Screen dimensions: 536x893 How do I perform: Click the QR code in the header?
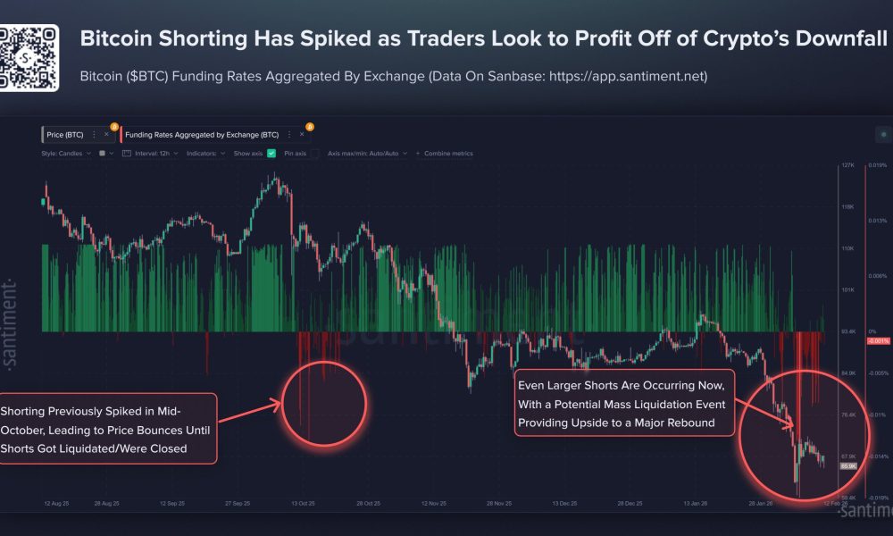tap(29, 58)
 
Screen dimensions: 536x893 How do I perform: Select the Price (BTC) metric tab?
tap(65, 135)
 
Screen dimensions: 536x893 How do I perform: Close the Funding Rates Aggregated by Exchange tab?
tap(296, 135)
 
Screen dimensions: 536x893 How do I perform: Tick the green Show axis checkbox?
tap(271, 154)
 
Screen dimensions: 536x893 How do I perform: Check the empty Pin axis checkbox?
tap(313, 154)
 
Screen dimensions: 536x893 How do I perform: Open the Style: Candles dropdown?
tap(64, 154)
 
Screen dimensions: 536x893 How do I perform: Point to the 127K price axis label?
tap(847, 166)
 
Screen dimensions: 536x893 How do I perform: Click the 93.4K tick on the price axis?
tap(847, 331)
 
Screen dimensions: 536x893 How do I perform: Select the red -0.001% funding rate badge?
tap(877, 341)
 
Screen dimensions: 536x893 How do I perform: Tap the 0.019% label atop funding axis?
tap(877, 166)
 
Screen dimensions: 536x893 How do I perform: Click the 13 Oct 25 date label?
tap(305, 504)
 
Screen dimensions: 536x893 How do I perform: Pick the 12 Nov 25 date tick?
tap(433, 504)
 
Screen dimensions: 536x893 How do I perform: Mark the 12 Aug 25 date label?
tap(57, 504)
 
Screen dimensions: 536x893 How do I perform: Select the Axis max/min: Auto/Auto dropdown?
tap(367, 154)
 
